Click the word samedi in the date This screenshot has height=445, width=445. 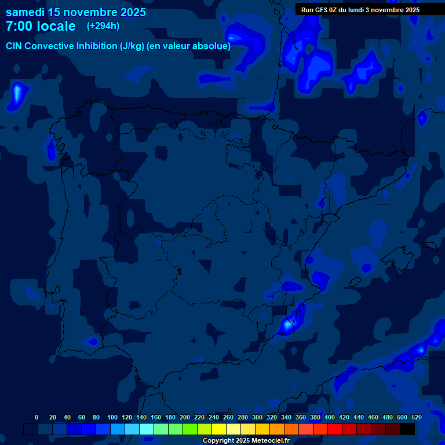[x=25, y=12]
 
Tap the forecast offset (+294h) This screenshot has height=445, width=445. [x=103, y=26]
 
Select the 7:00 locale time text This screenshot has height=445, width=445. [x=41, y=26]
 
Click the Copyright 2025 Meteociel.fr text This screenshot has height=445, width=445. [x=246, y=441]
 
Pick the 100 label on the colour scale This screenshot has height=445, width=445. [x=112, y=417]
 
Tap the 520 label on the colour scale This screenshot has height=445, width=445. [x=416, y=417]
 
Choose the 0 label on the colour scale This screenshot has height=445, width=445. [x=37, y=417]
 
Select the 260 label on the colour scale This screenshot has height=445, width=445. [x=228, y=417]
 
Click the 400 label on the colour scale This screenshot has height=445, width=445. [x=329, y=417]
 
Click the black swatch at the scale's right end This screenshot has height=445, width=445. [x=407, y=429]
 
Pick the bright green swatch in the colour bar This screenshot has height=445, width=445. [x=190, y=429]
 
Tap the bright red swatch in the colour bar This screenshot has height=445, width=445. [x=335, y=429]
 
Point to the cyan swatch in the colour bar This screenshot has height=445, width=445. [x=147, y=429]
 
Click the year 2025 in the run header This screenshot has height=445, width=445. [x=412, y=9]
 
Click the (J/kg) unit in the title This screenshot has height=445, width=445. [x=133, y=46]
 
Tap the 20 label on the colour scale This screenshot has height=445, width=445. [x=53, y=417]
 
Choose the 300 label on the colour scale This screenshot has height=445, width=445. [x=257, y=417]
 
